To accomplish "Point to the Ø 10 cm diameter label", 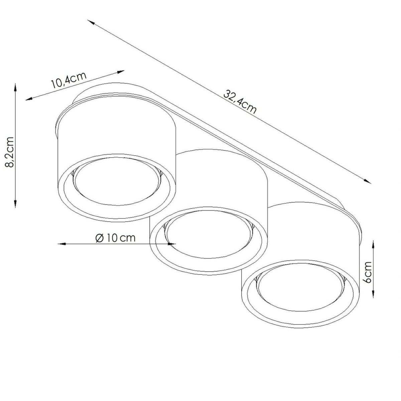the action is click(115, 238).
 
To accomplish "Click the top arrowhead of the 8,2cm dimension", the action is click(15, 88).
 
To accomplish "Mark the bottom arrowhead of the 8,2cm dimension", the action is click(15, 203).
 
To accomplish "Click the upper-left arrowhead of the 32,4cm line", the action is click(91, 22).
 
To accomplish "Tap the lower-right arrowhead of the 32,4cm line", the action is click(367, 181).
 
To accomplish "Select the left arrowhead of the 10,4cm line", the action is click(29, 99).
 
